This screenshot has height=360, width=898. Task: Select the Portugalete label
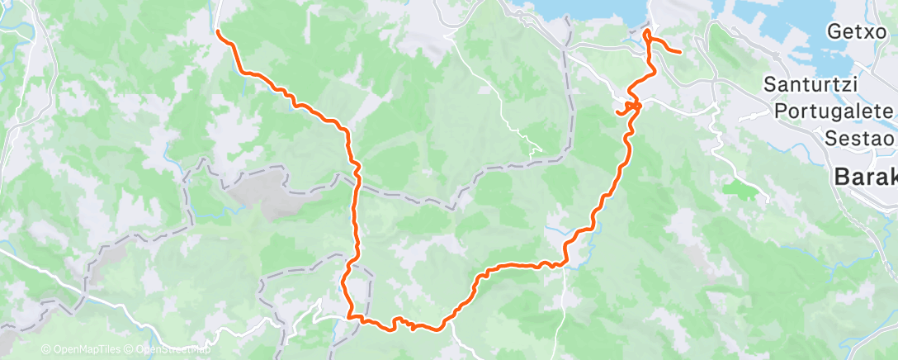point(834,111)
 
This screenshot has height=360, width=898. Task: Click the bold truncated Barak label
point(865,176)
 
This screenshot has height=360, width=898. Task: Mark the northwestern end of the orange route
point(218,31)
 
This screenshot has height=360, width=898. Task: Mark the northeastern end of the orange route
point(678,53)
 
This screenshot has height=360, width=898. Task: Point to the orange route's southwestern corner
point(350,315)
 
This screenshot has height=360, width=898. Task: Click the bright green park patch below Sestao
point(739,190)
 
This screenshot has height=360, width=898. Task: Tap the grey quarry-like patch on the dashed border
point(247,195)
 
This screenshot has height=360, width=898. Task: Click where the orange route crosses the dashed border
point(357,187)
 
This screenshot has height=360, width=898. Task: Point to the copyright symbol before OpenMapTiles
point(45,350)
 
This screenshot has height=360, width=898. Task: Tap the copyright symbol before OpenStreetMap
point(130,350)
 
